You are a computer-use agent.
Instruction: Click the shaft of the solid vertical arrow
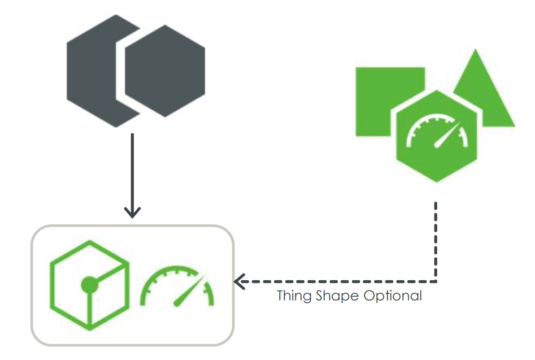tap(132, 170)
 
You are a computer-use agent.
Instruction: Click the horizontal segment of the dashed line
tap(336, 282)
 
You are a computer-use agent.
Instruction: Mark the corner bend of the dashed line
tap(436, 282)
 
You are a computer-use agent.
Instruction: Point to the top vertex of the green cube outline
tap(89, 242)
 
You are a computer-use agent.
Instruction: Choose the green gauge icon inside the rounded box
tap(177, 287)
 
